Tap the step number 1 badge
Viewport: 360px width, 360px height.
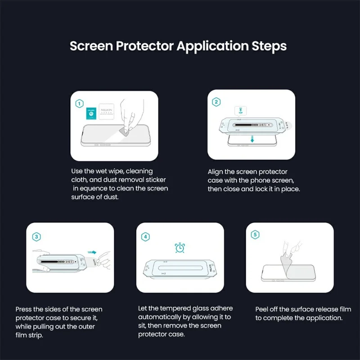(79, 104)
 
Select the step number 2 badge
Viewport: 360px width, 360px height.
(216, 102)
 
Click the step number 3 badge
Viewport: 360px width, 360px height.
(36, 236)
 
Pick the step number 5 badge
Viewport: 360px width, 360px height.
(255, 235)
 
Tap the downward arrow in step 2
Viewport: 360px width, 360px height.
(252, 139)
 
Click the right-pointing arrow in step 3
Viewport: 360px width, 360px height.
(92, 253)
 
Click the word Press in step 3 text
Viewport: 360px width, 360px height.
(24, 309)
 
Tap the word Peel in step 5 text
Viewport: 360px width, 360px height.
(263, 309)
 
